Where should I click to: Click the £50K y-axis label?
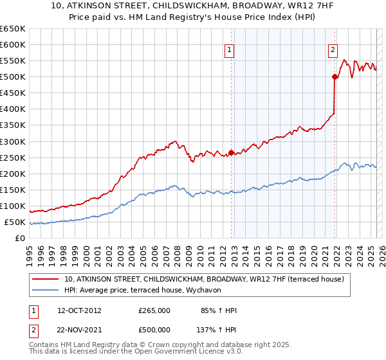click(x=15, y=222)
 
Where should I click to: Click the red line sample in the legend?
click(x=46, y=279)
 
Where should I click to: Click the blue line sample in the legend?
click(x=46, y=290)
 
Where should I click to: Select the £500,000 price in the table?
click(x=154, y=330)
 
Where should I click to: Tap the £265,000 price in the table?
click(x=154, y=310)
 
